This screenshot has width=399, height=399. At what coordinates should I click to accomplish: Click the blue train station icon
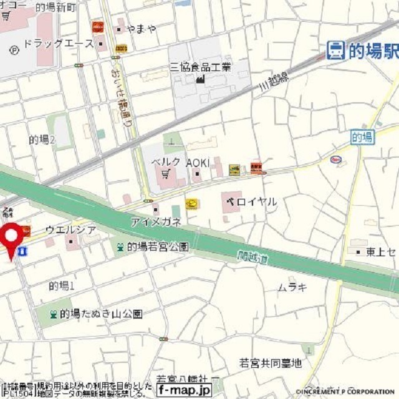(x=335, y=50)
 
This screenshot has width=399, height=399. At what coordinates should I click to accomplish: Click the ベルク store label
(x=165, y=161)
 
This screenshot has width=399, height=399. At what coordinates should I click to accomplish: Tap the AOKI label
(x=196, y=161)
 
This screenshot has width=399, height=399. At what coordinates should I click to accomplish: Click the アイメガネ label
(x=156, y=222)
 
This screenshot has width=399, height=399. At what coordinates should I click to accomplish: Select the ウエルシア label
(x=70, y=230)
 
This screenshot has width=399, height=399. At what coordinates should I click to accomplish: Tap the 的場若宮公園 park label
(x=158, y=247)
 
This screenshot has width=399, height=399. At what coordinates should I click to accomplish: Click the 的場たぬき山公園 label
(x=101, y=314)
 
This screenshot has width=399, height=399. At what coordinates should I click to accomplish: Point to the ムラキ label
(x=292, y=287)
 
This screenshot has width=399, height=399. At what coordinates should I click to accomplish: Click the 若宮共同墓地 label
(x=270, y=362)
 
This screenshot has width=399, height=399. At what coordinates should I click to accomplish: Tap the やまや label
(x=141, y=29)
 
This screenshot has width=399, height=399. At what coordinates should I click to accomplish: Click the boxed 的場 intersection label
(x=362, y=137)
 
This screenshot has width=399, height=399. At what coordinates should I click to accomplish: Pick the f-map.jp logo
(x=184, y=390)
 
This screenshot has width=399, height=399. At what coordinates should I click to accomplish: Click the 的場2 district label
(x=42, y=140)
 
